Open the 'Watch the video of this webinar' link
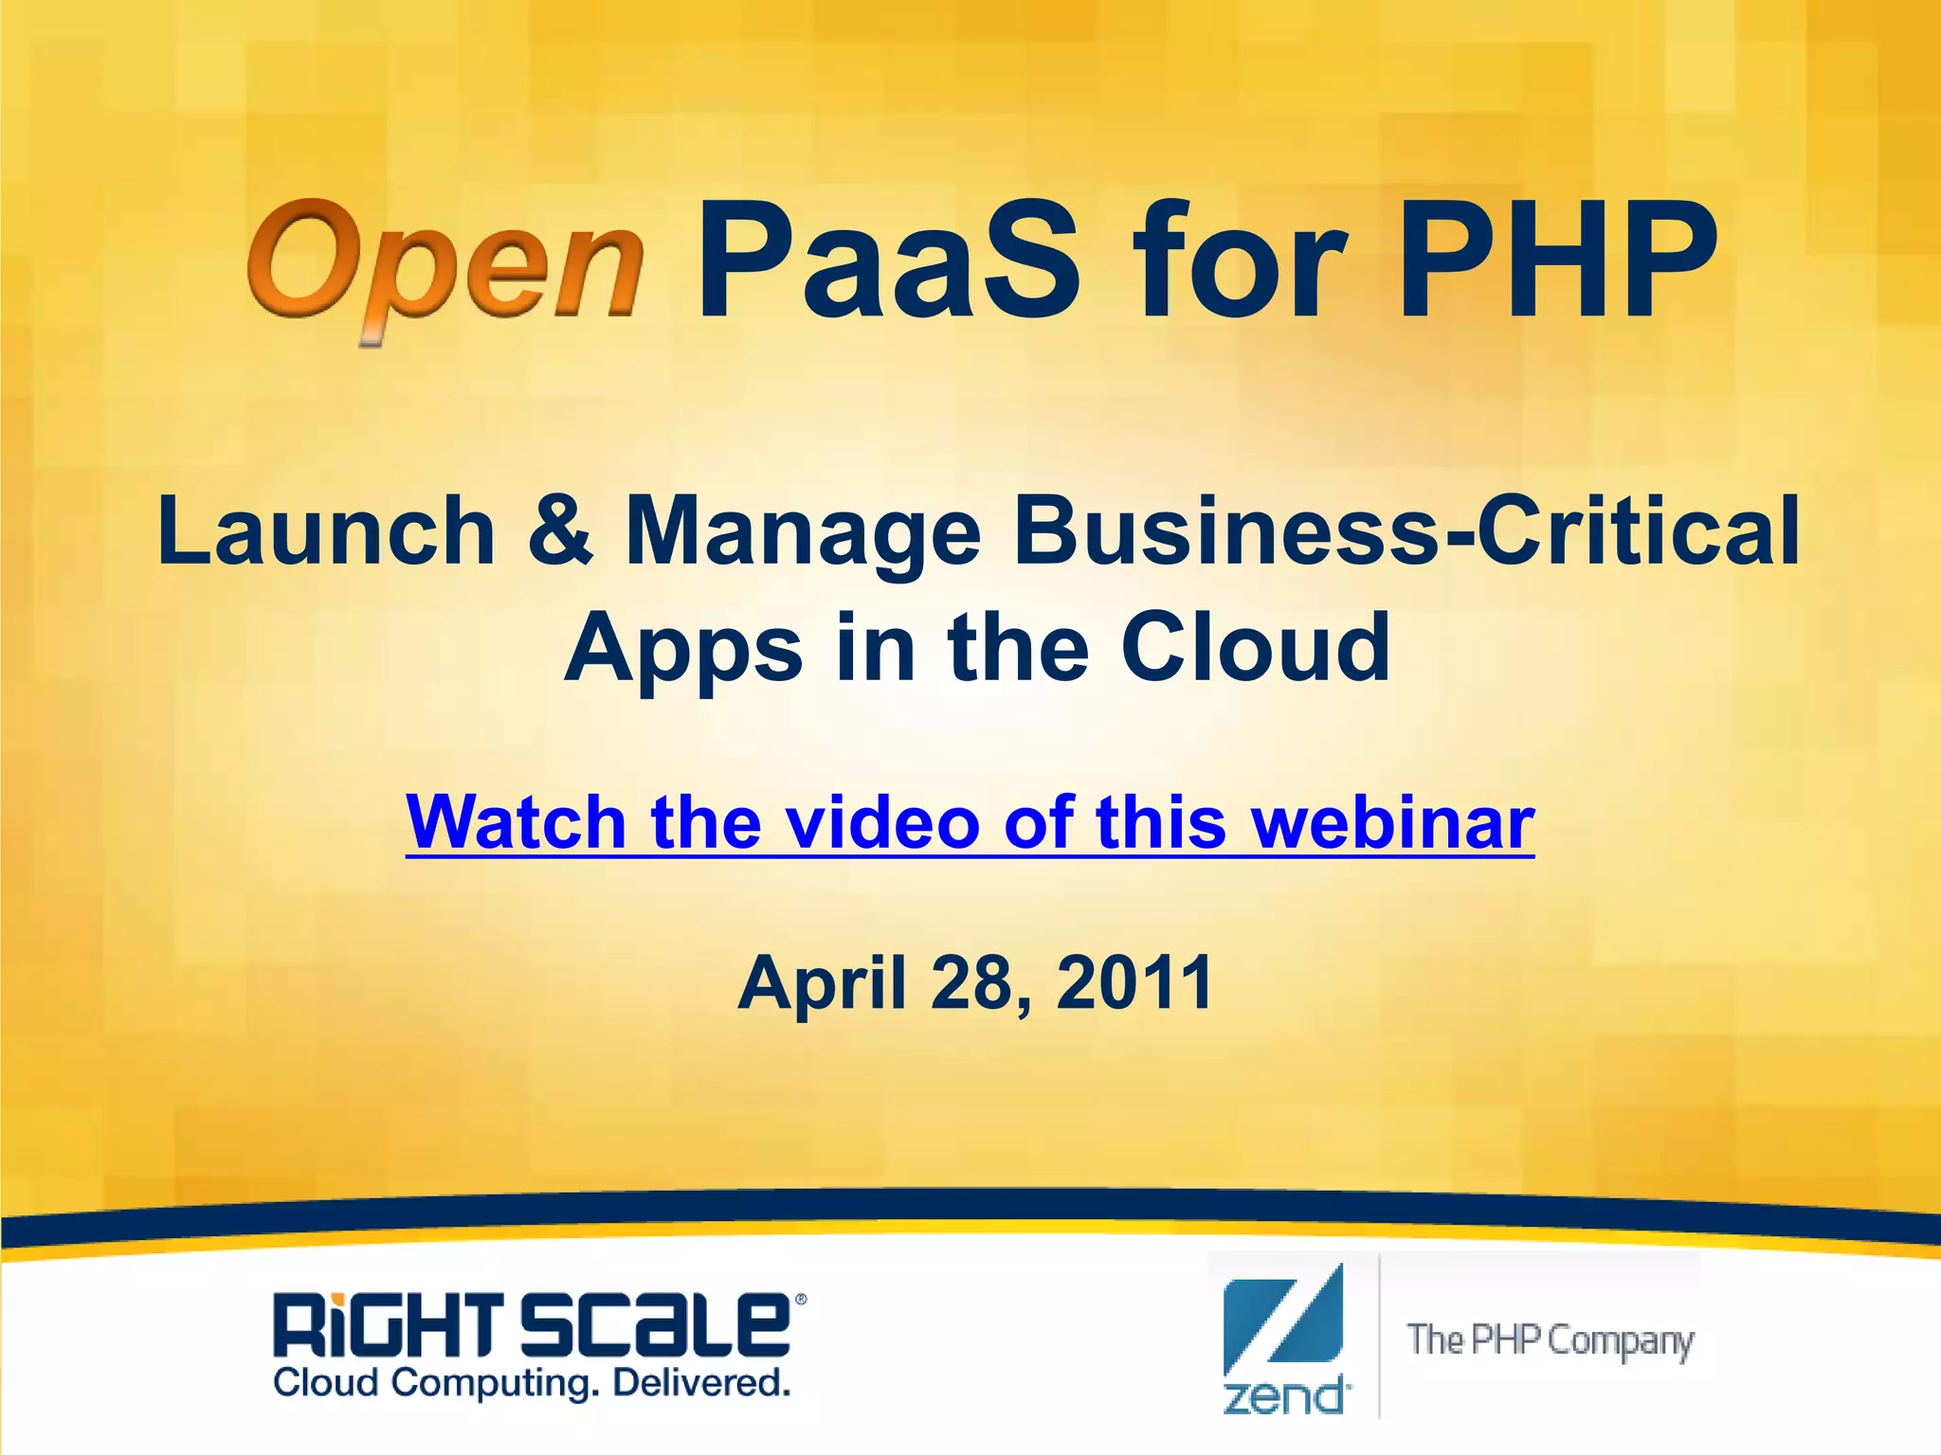(970, 822)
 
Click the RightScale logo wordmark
(532, 1325)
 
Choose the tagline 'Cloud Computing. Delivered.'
(532, 1384)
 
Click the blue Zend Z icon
(1283, 1320)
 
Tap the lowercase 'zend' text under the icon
(1285, 1397)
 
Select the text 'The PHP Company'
(1551, 1341)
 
